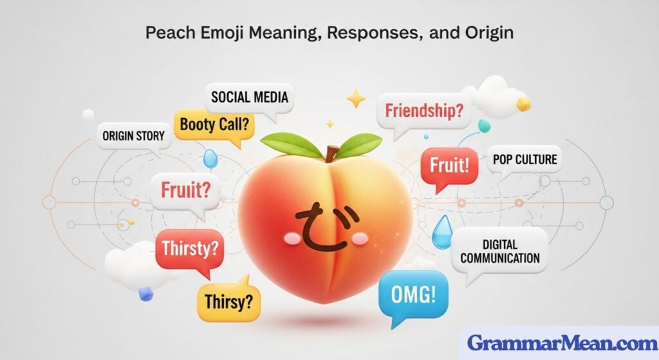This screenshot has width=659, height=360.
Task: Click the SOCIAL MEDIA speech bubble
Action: click(250, 99)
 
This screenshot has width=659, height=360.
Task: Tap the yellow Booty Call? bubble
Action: click(214, 124)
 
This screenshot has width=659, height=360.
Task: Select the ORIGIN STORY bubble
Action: click(133, 136)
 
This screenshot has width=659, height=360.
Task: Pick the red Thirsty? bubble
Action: click(189, 247)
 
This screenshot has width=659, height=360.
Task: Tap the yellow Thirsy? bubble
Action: click(228, 299)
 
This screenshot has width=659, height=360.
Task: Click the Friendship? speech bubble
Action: click(423, 110)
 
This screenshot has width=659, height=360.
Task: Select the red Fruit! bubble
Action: click(449, 166)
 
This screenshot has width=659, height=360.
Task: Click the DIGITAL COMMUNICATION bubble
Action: click(501, 252)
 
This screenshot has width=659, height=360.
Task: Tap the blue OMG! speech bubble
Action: click(413, 296)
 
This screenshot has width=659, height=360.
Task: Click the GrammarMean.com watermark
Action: click(559, 342)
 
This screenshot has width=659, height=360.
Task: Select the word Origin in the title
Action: click(485, 32)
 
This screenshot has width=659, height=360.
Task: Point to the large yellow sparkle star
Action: click(355, 99)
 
